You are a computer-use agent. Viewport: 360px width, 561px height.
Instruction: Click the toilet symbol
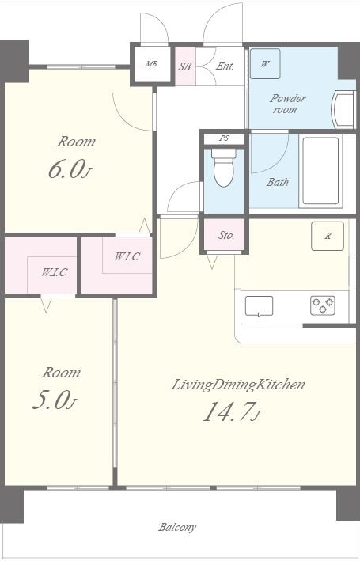224,168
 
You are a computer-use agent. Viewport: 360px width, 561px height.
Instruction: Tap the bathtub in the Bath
320,171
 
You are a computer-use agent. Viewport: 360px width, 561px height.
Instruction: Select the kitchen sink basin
259,306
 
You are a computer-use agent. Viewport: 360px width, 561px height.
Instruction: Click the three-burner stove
323,305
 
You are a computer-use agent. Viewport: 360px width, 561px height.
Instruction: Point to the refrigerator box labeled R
328,236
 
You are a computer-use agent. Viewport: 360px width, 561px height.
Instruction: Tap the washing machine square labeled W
265,63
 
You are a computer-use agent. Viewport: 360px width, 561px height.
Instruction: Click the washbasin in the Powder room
343,109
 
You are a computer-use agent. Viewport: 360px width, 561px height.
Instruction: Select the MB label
151,64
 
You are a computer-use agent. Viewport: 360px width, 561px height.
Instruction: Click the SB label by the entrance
185,66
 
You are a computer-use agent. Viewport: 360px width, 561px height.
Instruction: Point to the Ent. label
225,66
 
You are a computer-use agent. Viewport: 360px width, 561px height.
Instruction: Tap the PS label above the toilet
225,138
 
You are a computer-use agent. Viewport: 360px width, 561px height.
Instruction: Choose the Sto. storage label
226,236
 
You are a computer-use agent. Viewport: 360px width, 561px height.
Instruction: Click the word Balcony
177,527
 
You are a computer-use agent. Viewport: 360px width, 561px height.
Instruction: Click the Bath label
278,182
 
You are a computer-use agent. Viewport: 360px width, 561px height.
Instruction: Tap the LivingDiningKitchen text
238,385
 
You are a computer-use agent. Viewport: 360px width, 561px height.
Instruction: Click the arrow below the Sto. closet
212,262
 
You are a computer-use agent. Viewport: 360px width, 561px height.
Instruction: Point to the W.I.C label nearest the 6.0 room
127,256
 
